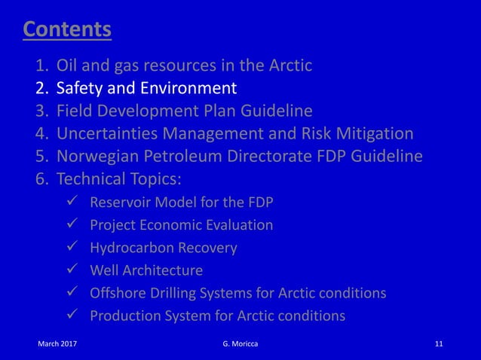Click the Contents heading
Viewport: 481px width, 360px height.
67,29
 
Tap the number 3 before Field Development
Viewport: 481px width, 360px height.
42,111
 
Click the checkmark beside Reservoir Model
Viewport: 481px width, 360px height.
72,202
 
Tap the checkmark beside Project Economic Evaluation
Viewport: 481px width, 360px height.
72,224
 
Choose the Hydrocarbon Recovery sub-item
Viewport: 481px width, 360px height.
164,247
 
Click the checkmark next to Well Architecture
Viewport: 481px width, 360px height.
72,270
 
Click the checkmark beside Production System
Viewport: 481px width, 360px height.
72,315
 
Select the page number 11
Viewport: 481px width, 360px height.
440,345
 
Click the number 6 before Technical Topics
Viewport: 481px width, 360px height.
42,179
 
